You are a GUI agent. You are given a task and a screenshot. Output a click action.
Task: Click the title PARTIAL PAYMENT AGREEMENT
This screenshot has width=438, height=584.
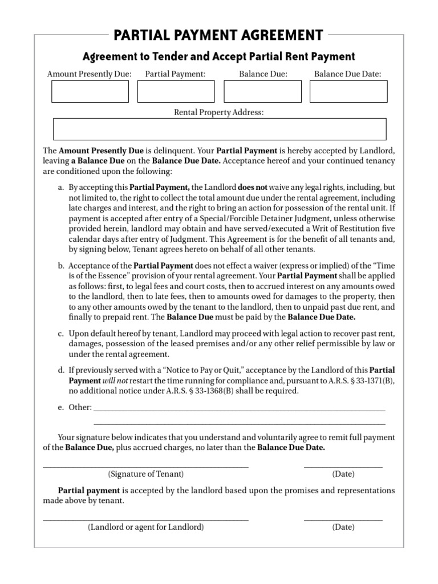click(x=218, y=35)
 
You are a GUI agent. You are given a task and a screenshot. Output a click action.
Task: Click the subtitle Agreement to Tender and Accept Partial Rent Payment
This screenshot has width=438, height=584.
click(x=218, y=56)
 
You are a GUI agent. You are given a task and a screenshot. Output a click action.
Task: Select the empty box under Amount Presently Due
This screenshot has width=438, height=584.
click(x=90, y=91)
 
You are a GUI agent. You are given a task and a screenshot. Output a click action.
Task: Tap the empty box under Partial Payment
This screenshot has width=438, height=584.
click(x=176, y=91)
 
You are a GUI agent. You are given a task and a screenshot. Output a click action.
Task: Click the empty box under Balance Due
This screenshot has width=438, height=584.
click(x=262, y=91)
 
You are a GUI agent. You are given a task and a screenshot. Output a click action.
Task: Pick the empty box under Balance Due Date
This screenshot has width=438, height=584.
click(x=348, y=91)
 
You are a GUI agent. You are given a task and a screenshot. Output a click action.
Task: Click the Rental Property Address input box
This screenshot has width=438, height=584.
click(x=219, y=129)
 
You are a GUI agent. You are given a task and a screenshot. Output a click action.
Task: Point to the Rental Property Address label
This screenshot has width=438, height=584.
click(x=218, y=112)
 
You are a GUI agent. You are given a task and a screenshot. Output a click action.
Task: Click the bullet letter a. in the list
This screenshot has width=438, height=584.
click(x=60, y=187)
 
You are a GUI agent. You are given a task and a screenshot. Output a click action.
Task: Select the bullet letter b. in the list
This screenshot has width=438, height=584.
click(x=60, y=266)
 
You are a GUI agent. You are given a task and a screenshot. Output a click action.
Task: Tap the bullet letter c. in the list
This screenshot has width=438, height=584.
click(x=60, y=333)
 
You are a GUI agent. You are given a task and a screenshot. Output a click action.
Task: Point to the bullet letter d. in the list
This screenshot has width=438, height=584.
click(x=60, y=371)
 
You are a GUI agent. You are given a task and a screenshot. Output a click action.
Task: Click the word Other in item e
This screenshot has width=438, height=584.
click(x=80, y=408)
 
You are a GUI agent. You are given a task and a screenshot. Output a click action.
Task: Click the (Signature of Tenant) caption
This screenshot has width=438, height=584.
click(x=146, y=474)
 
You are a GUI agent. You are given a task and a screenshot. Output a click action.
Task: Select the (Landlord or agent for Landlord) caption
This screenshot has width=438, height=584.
click(x=146, y=527)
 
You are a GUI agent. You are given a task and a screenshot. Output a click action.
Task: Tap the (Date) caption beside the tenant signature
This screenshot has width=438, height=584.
click(x=343, y=474)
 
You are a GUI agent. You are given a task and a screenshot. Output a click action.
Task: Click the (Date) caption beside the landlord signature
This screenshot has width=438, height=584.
click(x=343, y=527)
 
